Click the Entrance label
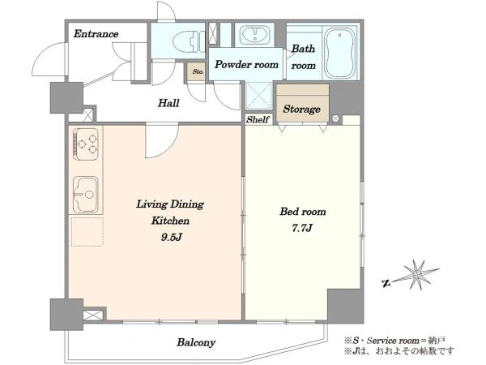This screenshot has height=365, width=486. pyautogui.click(x=96, y=33)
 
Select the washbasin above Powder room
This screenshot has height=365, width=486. pyautogui.click(x=255, y=34)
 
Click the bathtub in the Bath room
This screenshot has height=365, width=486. pyautogui.click(x=340, y=53)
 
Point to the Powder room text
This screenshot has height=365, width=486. pyautogui.click(x=246, y=65)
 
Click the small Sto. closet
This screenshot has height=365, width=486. pyautogui.click(x=197, y=71)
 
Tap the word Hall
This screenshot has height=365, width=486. pyautogui.click(x=168, y=103)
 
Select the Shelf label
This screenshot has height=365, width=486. pyautogui.click(x=258, y=119)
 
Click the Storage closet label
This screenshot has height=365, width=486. pyautogui.click(x=301, y=109)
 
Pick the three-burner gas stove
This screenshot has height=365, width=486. pyautogui.click(x=86, y=144)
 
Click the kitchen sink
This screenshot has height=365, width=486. pyautogui.click(x=86, y=195)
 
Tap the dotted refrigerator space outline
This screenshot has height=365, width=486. pyautogui.click(x=87, y=232)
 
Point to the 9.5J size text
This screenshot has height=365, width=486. pyautogui.click(x=171, y=237)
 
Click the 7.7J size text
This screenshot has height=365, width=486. pyautogui.click(x=302, y=228)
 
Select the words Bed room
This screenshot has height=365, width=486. pyautogui.click(x=303, y=212)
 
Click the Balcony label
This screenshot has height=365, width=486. pyautogui.click(x=196, y=342)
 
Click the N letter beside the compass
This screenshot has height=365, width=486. pyautogui.click(x=386, y=283)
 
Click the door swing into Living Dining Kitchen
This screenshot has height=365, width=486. pyautogui.click(x=162, y=140)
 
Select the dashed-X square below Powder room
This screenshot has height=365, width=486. pyautogui.click(x=259, y=96)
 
